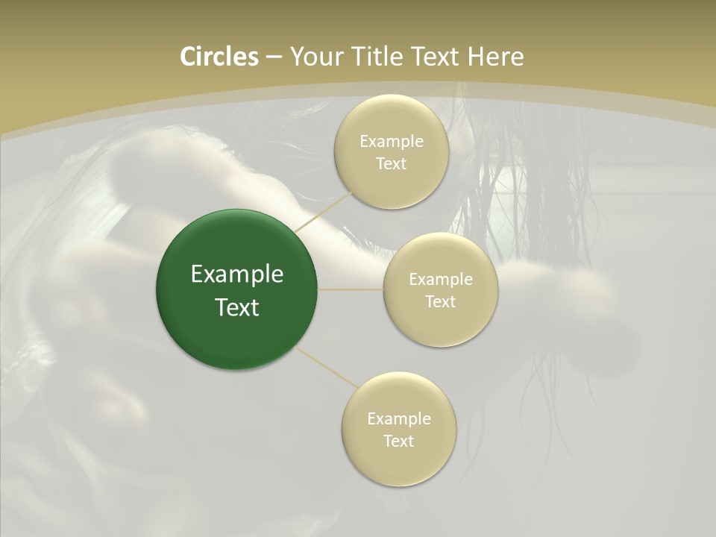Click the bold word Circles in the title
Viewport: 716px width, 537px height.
pos(219,57)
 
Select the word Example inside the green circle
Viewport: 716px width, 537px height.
pos(236,274)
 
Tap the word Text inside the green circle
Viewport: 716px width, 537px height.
pos(236,307)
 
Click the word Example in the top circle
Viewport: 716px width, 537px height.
pos(391,142)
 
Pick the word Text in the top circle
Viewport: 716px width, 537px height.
pos(391,164)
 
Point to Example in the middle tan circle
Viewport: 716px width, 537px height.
pos(440,280)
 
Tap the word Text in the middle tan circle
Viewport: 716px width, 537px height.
pos(440,302)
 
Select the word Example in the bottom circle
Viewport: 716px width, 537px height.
pos(398,419)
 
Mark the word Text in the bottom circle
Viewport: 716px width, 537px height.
pos(398,442)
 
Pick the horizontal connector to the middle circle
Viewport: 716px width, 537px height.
pos(351,289)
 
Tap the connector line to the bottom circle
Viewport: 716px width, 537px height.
pos(326,366)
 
